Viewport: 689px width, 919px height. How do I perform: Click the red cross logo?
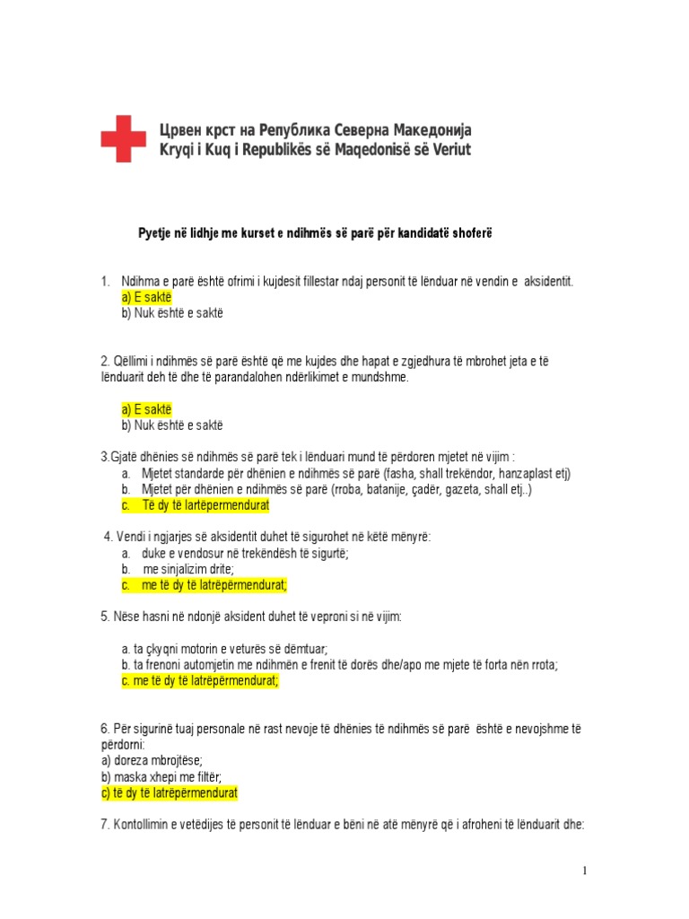[x=123, y=138]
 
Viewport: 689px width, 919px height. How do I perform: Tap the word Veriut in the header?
[x=442, y=149]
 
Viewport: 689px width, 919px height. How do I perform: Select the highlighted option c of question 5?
[x=200, y=681]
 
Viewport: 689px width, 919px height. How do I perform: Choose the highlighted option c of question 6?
[x=170, y=793]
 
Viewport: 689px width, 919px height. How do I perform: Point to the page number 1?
[x=583, y=871]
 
